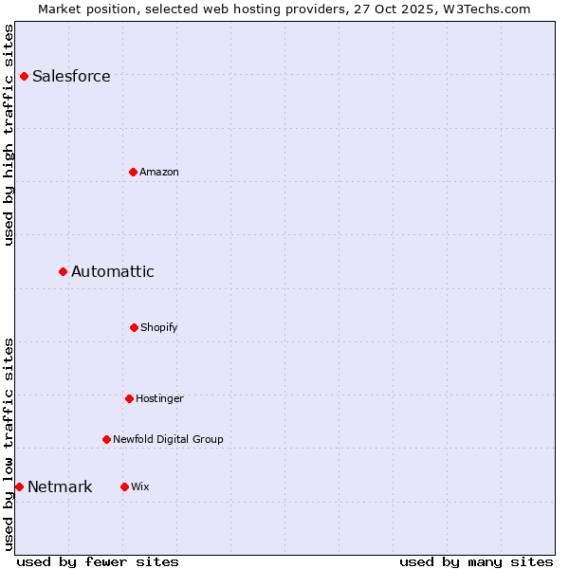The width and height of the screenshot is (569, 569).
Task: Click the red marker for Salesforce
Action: coord(24,76)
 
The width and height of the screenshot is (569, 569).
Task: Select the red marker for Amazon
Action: coord(133,172)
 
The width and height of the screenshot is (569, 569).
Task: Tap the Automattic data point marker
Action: coord(63,271)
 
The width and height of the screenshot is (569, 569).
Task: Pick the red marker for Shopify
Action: coord(134,327)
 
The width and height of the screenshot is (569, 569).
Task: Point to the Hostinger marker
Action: coord(129,398)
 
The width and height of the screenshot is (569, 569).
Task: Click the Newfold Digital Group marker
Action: coord(106,439)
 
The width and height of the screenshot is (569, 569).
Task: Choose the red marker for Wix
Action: coord(124,486)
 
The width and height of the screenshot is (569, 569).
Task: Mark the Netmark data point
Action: coord(19,486)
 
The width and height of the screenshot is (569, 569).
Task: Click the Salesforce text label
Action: coord(71,77)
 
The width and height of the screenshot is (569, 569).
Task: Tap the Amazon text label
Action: coord(159,172)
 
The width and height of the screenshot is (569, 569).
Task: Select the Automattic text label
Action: coord(113,272)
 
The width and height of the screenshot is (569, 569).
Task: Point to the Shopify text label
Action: coord(159,328)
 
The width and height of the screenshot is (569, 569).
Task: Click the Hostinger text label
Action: coord(159,399)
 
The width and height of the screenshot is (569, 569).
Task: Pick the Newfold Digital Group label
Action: coord(168,440)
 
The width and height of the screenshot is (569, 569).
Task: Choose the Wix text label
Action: coord(140,487)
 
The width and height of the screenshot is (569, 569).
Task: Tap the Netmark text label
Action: coord(60,487)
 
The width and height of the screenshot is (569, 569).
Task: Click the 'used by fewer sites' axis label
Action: coord(98,561)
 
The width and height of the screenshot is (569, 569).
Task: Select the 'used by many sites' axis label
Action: coord(476,561)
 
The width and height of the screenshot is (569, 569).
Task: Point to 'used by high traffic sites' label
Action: coord(9,134)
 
